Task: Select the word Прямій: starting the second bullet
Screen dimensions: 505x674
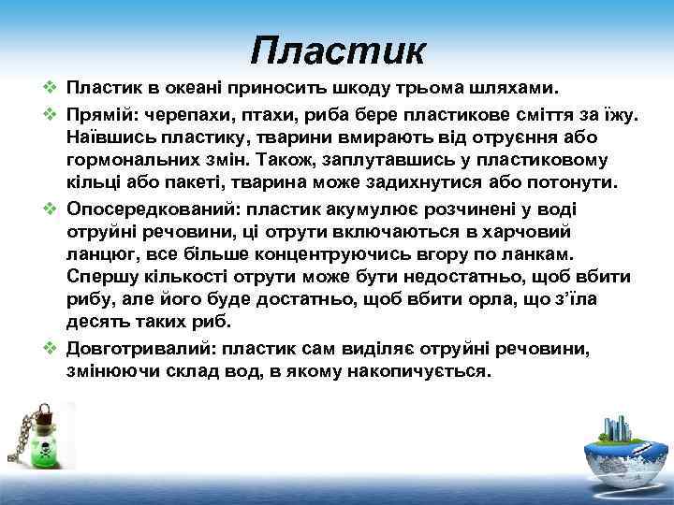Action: pos(98,114)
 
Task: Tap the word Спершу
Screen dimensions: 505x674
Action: pos(97,277)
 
